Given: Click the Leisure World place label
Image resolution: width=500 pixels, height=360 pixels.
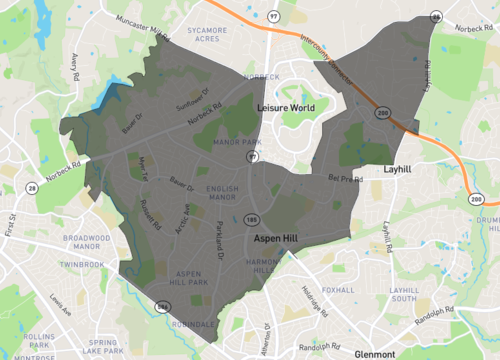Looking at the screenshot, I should click(286, 106).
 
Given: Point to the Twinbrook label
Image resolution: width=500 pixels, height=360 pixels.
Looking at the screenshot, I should click(81, 265).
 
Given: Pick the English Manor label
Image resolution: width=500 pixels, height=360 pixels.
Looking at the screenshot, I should click(222, 193).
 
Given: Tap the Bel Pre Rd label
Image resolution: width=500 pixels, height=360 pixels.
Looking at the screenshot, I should click(344, 180).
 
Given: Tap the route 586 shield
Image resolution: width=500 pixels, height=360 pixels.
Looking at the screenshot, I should click(162, 306).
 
